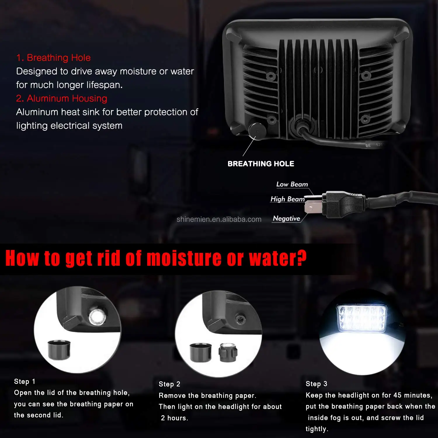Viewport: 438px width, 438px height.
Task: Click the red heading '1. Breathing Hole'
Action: point(53,58)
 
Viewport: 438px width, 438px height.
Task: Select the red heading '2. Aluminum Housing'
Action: point(62,98)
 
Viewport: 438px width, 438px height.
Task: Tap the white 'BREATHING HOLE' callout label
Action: point(261,164)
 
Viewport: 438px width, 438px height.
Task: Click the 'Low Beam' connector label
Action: point(292,184)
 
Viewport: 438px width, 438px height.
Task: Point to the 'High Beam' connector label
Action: point(287,199)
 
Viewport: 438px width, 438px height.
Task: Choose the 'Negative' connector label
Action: point(286,218)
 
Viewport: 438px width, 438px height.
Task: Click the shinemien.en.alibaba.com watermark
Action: point(219,220)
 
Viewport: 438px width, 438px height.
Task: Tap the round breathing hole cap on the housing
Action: point(257,131)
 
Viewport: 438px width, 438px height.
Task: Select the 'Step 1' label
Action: point(25,382)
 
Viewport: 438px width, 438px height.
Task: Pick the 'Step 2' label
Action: point(169,384)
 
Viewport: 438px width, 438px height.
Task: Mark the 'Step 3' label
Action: point(316,384)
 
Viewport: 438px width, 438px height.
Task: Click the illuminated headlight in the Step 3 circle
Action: point(362,318)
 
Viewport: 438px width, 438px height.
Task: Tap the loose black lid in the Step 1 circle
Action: point(59,350)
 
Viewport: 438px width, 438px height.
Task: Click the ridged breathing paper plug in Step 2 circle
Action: point(228,353)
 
